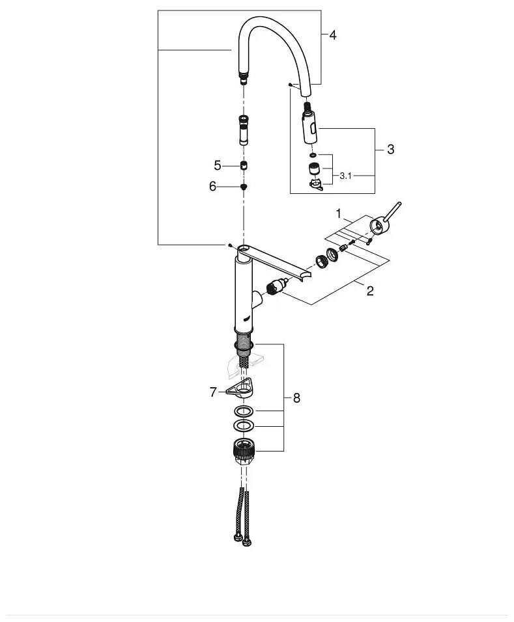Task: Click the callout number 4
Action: pos(333,35)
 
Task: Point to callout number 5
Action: pos(218,165)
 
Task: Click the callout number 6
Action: pos(212,186)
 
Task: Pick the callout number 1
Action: pos(338,213)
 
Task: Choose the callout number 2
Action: pos(369,290)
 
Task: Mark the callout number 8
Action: pos(296,398)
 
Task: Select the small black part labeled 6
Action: pos(244,186)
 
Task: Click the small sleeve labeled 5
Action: pos(244,165)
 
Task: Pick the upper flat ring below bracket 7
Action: pos(244,412)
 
